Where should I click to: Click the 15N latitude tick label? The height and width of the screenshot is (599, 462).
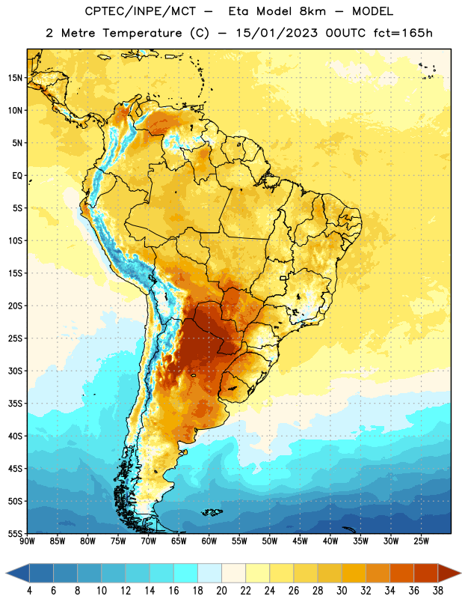[15, 78]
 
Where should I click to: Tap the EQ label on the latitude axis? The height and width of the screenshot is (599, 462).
[17, 176]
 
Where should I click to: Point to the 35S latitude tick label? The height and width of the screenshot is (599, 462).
[15, 404]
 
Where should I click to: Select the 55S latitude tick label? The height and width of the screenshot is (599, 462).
[15, 534]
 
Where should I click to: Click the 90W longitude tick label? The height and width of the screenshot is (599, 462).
[27, 541]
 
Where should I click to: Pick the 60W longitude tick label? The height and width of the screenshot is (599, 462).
[209, 541]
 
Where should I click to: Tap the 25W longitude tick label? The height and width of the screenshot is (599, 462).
[421, 541]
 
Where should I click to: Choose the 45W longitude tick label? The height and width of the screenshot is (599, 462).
[300, 541]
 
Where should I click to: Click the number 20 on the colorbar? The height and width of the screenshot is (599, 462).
[221, 591]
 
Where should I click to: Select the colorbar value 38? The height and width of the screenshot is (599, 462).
[438, 591]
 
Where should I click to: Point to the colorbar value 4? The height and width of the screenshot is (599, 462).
[29, 591]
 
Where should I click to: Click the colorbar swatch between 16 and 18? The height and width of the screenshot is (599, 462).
[186, 573]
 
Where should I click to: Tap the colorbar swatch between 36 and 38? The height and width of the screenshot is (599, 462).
[426, 573]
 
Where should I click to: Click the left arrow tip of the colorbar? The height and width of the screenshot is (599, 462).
[6, 573]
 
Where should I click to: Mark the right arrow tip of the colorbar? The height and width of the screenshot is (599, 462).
[461, 573]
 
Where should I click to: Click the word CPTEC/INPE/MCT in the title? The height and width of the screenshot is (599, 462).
[141, 11]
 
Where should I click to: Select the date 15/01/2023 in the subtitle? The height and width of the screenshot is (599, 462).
[277, 33]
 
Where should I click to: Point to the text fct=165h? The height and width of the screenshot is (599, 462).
[403, 33]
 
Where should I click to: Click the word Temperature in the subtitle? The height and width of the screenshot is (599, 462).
[142, 34]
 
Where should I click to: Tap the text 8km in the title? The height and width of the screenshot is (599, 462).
[312, 11]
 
